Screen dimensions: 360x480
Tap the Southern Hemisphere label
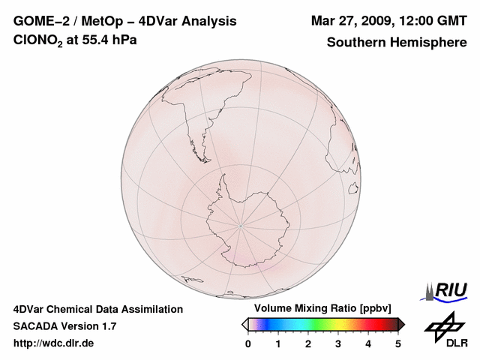397,42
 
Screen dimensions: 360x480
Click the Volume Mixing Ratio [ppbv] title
319,308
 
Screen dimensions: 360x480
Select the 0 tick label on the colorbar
248,343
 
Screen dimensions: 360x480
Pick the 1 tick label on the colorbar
278,343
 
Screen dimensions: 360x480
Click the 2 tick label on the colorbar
308,343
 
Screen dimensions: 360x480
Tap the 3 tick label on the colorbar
338,343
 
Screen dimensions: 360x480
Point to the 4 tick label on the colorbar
368,343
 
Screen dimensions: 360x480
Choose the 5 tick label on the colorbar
398,343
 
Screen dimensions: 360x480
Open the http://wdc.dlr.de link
54,343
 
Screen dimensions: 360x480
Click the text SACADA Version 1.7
64,326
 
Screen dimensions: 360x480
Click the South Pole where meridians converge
241,223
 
